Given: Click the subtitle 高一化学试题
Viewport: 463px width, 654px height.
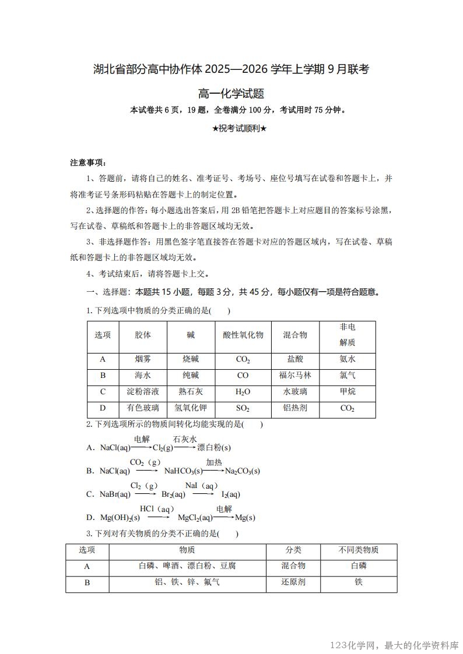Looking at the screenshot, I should coord(232,93).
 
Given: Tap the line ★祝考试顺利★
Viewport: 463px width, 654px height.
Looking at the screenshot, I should coord(232,128).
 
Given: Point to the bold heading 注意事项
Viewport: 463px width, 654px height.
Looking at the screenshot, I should coord(88,162).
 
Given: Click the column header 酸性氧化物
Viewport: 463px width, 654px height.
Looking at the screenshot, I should coord(243,335).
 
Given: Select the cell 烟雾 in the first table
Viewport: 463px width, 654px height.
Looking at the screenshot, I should coord(143,359).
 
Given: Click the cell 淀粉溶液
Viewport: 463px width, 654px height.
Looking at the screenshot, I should coord(143,392).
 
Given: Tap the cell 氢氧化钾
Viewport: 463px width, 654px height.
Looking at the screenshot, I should coord(191,408).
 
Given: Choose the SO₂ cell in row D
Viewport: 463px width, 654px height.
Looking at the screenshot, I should coord(243,408).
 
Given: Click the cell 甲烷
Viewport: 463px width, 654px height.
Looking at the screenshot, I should coord(348,392).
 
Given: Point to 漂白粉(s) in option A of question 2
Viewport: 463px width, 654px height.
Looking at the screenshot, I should coord(214,448).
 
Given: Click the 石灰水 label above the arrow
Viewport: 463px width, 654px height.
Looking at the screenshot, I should coord(185,439).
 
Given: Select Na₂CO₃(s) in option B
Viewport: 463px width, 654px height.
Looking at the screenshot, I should coord(242,471).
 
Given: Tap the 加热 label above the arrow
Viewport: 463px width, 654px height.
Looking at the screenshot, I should coord(213,462).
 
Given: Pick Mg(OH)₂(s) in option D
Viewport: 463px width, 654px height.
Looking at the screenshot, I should coord(120,518).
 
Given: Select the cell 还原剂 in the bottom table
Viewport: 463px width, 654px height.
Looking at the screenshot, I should coord(293,582).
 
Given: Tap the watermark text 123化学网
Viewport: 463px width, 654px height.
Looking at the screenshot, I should coord(355,645).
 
